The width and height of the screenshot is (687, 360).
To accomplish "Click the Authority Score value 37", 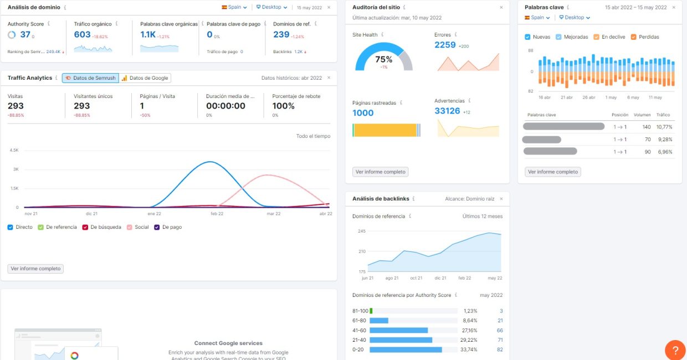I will tap(25, 34).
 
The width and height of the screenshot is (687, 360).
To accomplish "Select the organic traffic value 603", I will tap(82, 34).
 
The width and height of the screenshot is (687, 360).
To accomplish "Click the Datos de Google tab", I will tap(145, 78).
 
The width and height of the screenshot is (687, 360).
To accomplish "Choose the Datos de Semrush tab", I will tap(90, 78).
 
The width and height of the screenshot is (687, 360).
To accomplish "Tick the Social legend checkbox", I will tap(130, 227).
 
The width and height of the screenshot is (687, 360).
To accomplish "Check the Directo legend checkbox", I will tap(11, 227).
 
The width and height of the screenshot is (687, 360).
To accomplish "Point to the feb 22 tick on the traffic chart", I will tap(217, 214).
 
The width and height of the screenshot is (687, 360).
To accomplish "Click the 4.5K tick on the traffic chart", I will tap(14, 150).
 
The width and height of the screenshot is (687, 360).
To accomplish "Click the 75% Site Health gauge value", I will tap(383, 59).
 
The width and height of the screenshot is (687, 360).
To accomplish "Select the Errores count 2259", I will tap(445, 45).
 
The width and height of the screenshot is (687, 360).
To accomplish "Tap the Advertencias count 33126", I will tap(447, 111).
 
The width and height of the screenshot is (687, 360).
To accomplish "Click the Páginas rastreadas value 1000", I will tap(363, 113).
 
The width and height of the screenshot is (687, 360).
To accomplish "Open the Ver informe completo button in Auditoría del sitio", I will tap(380, 172).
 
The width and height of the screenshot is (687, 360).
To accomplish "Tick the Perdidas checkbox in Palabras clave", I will tap(634, 37).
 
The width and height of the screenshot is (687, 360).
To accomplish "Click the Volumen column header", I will tap(643, 115).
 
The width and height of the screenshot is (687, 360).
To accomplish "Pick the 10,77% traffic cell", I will tap(664, 127).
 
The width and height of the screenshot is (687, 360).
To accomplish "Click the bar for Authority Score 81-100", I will tap(371, 311).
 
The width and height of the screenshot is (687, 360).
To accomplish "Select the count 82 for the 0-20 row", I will tap(500, 349).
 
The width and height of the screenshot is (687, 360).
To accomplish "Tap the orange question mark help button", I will tap(675, 350).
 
